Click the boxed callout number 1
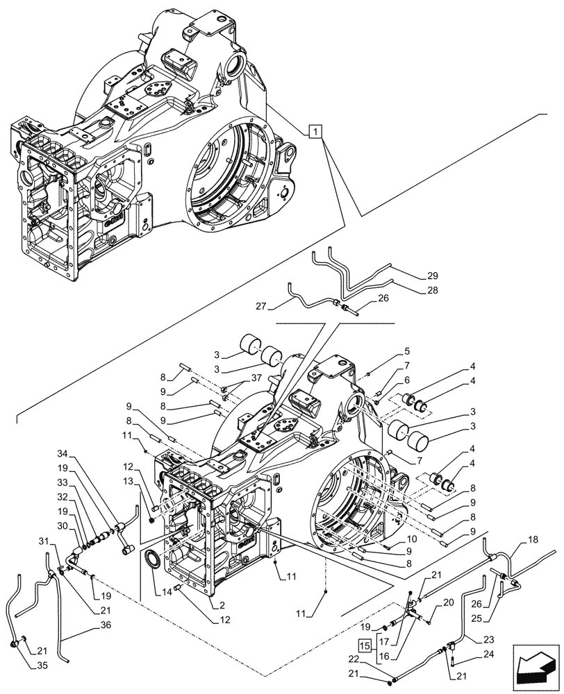pos(315,131)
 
